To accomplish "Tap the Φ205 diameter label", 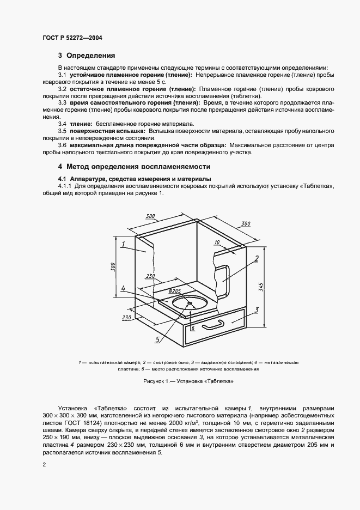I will [x=175, y=290].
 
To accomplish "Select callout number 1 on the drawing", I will [x=124, y=244].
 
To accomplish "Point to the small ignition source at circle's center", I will [x=191, y=304].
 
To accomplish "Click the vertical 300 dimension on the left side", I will [x=113, y=267].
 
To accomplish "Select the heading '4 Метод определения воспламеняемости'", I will [x=134, y=166].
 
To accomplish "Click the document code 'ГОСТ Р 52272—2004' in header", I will [x=72, y=38].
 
